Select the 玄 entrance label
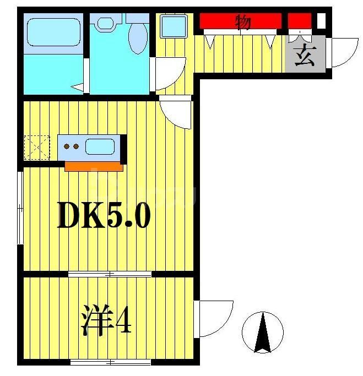coord(305,57)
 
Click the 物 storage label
coord(243,23)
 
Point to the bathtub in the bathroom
coord(53,32)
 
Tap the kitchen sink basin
coord(100,147)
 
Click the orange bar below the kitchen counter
coord(93,165)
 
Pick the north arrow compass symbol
coord(263,331)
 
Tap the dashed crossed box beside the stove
coord(37,147)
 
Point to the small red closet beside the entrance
coord(299,21)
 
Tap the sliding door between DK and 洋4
coord(110,274)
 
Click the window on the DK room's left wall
coord(20,207)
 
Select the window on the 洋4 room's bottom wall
coord(110,362)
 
